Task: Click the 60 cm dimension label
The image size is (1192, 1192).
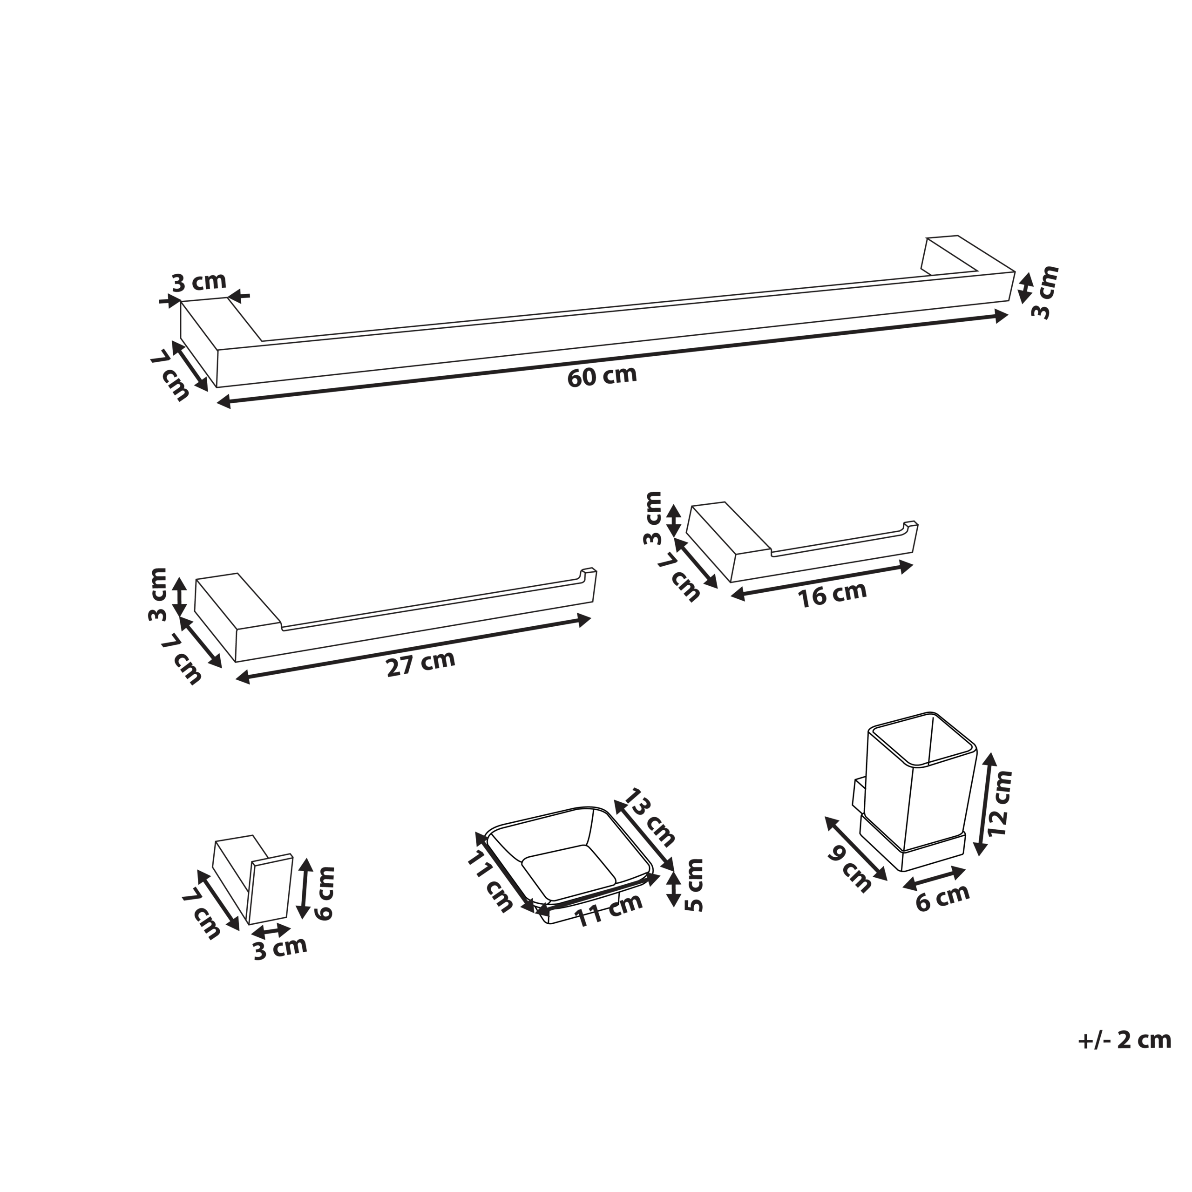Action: pyautogui.click(x=602, y=376)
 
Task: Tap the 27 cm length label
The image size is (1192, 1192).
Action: pyautogui.click(x=421, y=664)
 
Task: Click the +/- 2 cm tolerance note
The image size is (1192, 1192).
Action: pyautogui.click(x=1124, y=1040)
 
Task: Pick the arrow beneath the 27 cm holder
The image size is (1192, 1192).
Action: pyautogui.click(x=413, y=649)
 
